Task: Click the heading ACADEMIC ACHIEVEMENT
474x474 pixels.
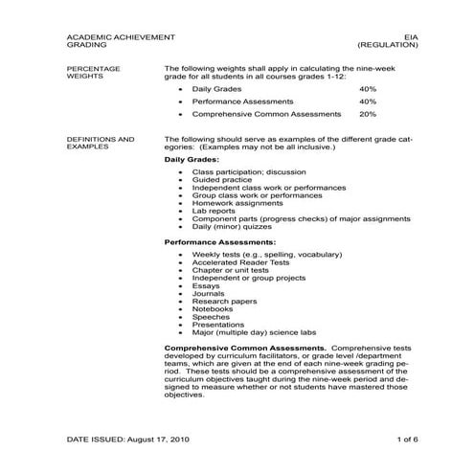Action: (x=121, y=36)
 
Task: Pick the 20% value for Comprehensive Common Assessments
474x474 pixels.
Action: (x=368, y=113)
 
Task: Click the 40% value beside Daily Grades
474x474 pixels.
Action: (x=368, y=88)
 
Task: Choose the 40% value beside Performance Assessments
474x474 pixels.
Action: (x=368, y=101)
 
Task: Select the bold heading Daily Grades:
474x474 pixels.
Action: (x=192, y=159)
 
